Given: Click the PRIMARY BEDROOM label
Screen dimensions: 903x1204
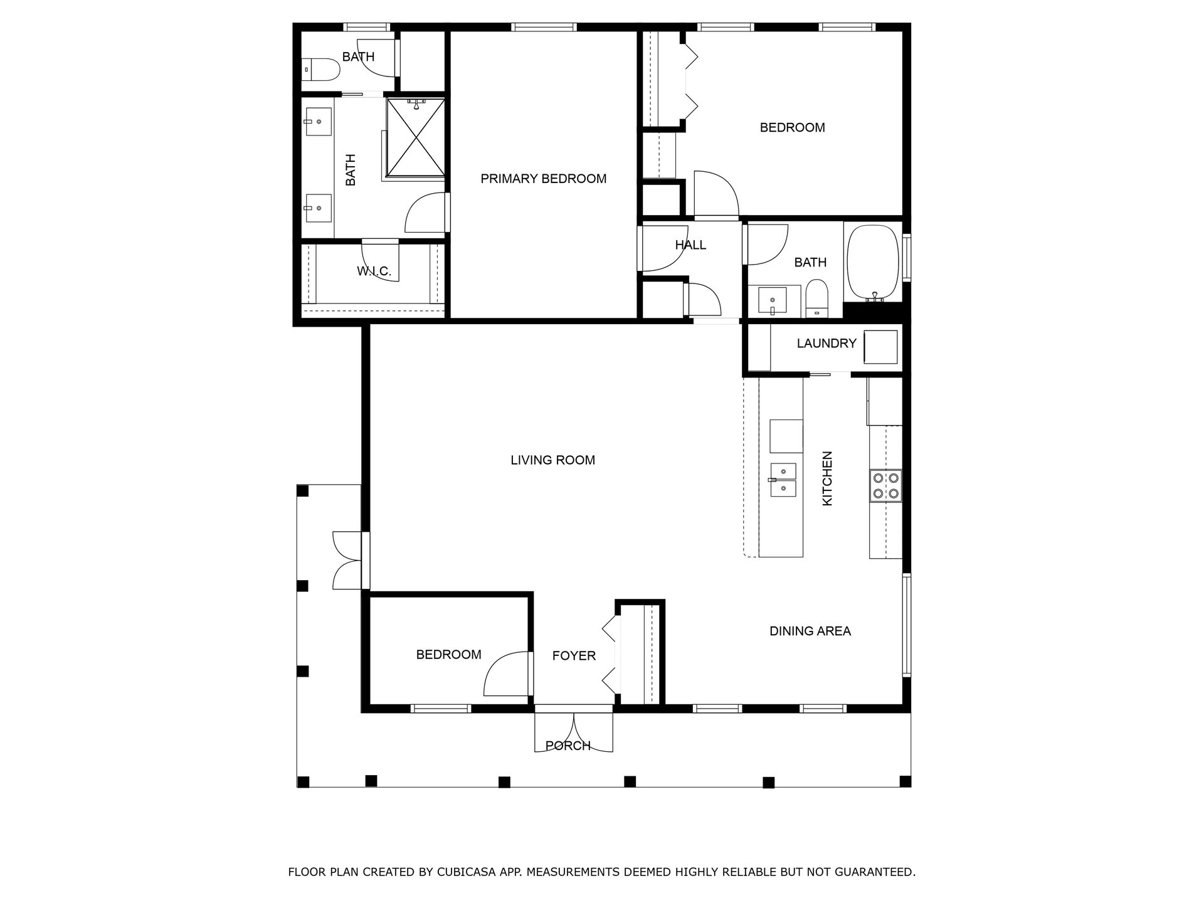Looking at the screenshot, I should click(x=543, y=179).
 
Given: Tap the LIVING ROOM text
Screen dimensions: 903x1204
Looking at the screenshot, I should click(x=552, y=460).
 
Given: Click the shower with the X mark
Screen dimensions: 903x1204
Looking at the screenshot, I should click(x=416, y=137).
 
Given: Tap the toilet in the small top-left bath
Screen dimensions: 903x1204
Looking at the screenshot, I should click(x=320, y=70).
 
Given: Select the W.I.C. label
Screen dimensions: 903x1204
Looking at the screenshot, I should click(x=374, y=272).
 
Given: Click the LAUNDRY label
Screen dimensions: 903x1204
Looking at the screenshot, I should click(x=826, y=344).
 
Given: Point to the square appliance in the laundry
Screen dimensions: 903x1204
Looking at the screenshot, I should click(x=880, y=347).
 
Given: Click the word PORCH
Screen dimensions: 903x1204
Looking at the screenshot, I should click(x=568, y=746).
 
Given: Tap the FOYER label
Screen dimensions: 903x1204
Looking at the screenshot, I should click(x=574, y=656).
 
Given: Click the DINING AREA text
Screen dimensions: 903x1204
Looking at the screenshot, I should click(x=810, y=631).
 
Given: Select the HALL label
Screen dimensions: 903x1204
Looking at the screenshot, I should click(x=690, y=245).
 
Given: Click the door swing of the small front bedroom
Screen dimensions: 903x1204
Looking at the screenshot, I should click(x=505, y=675).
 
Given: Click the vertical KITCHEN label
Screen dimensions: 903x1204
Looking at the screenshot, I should click(x=827, y=478).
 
